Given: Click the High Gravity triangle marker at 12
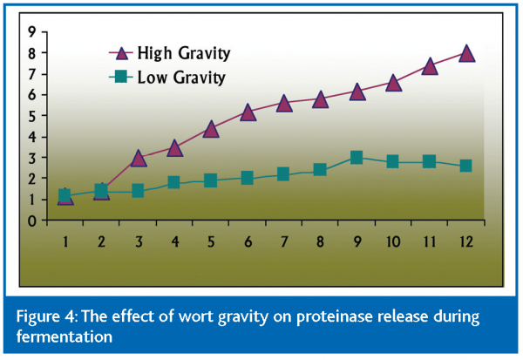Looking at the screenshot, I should pyautogui.click(x=466, y=53).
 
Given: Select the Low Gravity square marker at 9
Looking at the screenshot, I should pyautogui.click(x=357, y=158).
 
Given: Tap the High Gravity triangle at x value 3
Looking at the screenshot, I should pyautogui.click(x=138, y=158).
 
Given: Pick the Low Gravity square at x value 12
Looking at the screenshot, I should pyautogui.click(x=466, y=166).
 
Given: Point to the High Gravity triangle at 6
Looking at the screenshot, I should pyautogui.click(x=248, y=112).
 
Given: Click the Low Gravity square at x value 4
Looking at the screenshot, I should pyautogui.click(x=174, y=182).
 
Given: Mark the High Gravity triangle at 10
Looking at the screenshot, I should pyautogui.click(x=393, y=83).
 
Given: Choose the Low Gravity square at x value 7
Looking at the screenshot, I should pyautogui.click(x=283, y=174).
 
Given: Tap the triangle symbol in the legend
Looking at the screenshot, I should pyautogui.click(x=120, y=53).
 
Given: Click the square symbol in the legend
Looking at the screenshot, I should pyautogui.click(x=121, y=78).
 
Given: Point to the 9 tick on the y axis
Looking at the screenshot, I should pyautogui.click(x=31, y=32).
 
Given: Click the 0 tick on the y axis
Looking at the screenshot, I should pyautogui.click(x=31, y=221).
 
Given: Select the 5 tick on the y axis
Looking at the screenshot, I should pyautogui.click(x=31, y=116).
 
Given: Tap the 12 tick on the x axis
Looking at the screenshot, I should pyautogui.click(x=466, y=241).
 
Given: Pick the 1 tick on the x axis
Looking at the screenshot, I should pyautogui.click(x=65, y=241).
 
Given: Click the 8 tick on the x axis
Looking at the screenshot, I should pyautogui.click(x=320, y=241).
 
